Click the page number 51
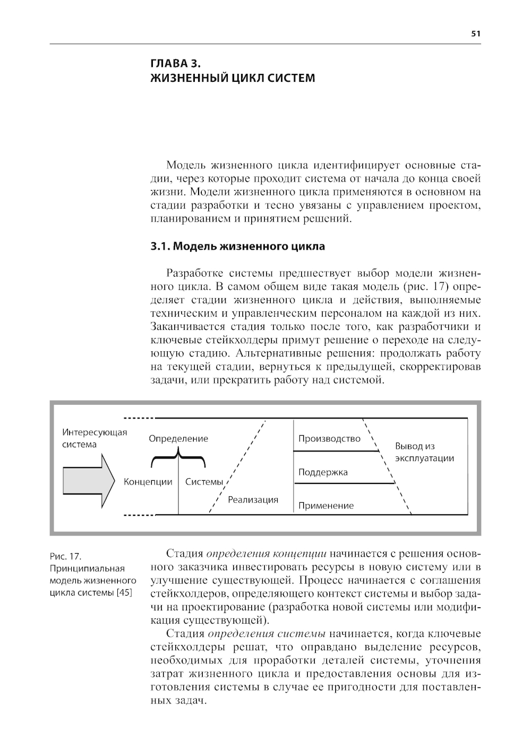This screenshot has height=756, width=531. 475,33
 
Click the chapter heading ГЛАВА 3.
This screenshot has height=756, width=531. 175,63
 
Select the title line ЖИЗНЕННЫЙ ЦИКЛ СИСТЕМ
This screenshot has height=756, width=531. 233,78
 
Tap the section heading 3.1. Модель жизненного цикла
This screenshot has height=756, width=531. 238,247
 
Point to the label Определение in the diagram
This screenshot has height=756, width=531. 178,439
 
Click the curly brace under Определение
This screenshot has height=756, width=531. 178,455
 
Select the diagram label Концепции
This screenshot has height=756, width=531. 148,482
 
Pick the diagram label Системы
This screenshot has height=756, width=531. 204,482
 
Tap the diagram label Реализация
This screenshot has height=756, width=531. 253,499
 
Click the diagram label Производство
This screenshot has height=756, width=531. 329,439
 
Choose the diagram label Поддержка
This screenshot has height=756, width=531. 323,472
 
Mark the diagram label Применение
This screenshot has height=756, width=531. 326,506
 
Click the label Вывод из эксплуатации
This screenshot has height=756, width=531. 424,452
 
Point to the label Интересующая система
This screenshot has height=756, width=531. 95,438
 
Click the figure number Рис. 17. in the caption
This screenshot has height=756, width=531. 65,556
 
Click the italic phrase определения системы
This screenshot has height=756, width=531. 267,633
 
